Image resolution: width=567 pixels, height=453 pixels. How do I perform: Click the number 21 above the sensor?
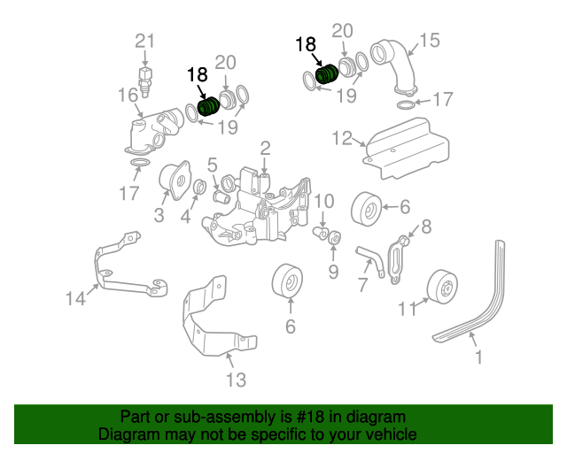(144, 42)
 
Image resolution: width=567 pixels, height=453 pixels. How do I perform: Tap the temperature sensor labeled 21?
(144, 81)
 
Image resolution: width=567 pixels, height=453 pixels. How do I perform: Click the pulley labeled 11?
(442, 287)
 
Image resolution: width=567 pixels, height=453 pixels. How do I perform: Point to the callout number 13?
(237, 380)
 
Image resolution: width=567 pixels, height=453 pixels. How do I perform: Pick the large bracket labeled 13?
(217, 317)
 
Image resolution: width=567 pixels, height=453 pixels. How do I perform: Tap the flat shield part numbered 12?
(407, 148)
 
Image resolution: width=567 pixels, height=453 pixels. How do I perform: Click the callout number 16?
(128, 95)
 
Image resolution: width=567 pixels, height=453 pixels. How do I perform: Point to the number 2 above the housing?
(265, 149)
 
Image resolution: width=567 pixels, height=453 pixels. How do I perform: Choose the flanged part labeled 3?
(175, 180)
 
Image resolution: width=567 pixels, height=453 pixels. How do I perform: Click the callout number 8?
(427, 226)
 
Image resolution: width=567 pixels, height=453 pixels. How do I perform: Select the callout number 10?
(324, 201)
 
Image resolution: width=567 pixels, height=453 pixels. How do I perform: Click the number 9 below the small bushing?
(333, 271)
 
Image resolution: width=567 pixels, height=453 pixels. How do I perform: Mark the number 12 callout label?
(342, 138)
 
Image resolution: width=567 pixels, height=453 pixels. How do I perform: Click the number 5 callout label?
(213, 165)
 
